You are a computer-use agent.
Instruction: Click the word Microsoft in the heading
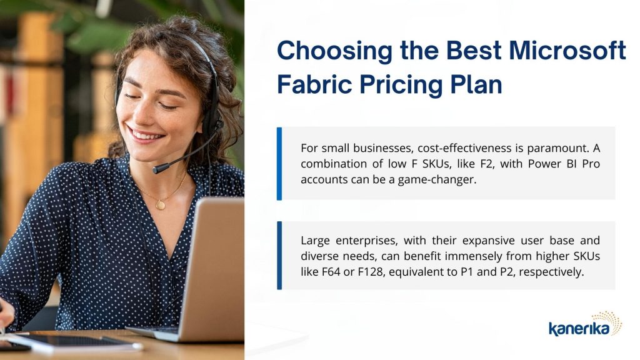pos(567,50)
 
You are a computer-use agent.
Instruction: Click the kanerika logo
pos(585,324)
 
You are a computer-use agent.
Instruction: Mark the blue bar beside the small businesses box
pos(279,164)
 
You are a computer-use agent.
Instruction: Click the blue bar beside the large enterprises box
pos(279,256)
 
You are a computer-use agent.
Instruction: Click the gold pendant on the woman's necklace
pos(161,204)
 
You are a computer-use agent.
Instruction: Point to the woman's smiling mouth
pos(145,134)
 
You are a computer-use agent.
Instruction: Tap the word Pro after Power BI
pos(591,164)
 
